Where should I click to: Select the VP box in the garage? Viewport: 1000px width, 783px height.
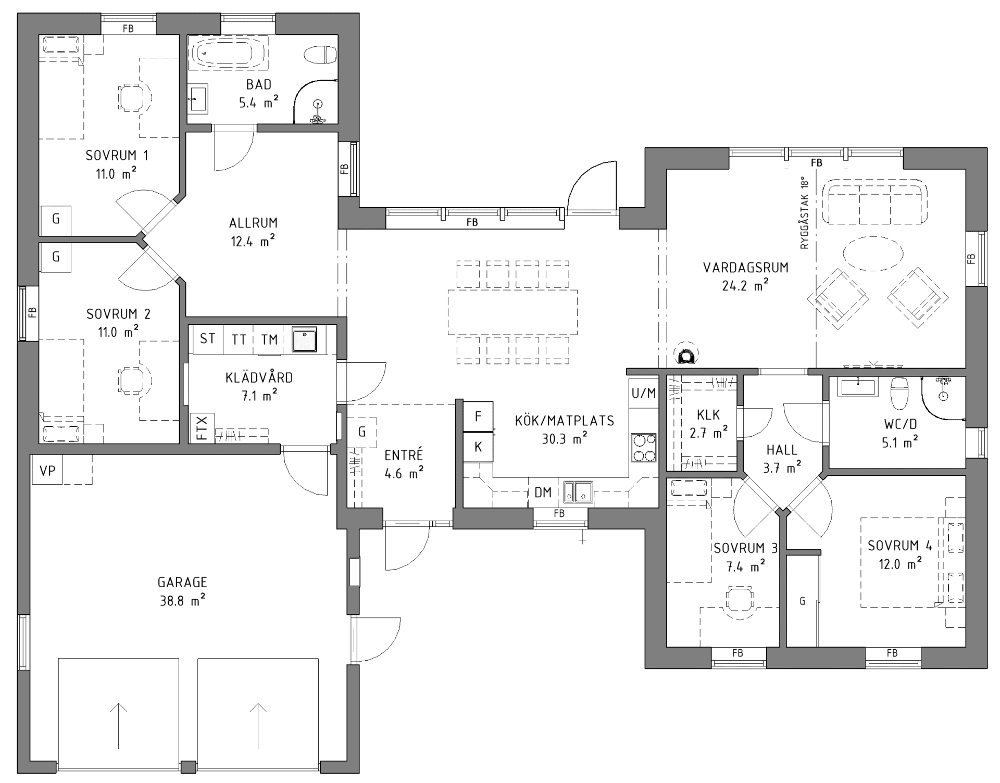[47, 470]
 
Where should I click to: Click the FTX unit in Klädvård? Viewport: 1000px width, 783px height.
[202, 428]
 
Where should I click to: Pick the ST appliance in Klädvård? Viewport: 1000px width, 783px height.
[207, 339]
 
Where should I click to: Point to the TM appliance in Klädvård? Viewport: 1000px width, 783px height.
[269, 339]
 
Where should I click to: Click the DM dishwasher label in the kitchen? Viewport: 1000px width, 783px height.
[543, 492]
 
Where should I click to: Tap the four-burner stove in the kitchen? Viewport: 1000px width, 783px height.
[643, 448]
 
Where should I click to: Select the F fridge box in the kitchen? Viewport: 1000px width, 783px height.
[478, 416]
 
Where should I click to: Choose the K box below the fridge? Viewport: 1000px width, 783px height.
[478, 447]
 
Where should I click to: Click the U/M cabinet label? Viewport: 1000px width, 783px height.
[644, 394]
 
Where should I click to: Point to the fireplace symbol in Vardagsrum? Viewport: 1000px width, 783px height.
[686, 355]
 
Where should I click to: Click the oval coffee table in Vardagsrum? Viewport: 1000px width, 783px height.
[873, 254]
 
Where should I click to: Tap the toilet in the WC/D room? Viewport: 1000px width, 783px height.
[899, 393]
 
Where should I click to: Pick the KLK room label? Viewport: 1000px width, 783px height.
[708, 414]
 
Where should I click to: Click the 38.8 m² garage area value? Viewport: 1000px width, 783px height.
[182, 601]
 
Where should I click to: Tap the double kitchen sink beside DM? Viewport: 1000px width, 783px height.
[578, 492]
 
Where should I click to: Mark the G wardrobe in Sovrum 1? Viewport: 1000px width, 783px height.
[56, 220]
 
